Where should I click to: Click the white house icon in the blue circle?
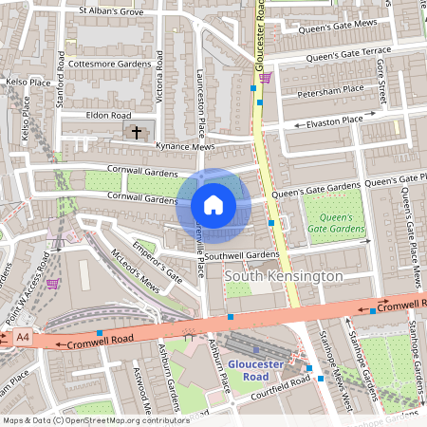[x=213, y=205]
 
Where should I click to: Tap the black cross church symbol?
[x=136, y=132]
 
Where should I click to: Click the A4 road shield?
[x=21, y=337]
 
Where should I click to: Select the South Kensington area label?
[x=284, y=275]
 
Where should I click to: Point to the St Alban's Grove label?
[x=111, y=11]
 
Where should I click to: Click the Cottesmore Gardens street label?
[x=110, y=64]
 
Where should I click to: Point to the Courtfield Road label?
[x=275, y=384]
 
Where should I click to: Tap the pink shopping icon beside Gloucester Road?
[x=267, y=78]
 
